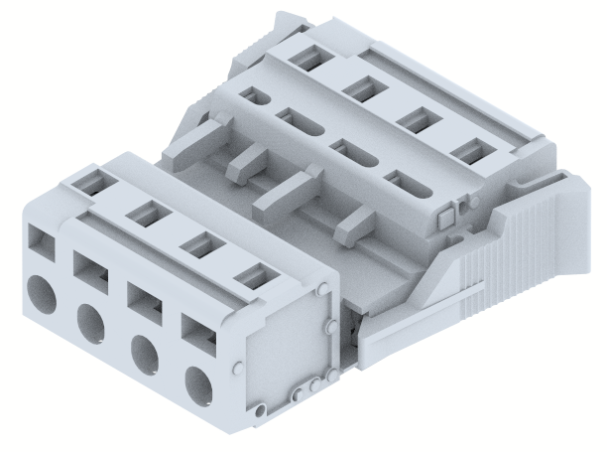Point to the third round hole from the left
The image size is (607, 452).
click(146, 354)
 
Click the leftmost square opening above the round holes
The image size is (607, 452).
click(42, 241)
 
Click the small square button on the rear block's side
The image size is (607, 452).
click(444, 215)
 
